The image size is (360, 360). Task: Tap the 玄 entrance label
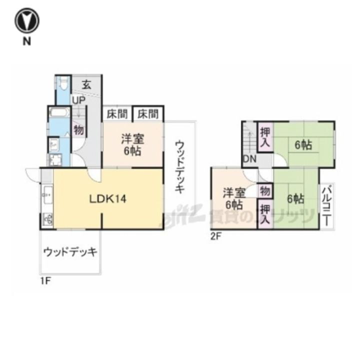tap(86, 84)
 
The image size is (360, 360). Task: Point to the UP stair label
tap(78, 100)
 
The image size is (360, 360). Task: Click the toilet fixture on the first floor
tap(62, 83)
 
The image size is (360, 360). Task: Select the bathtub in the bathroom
tap(59, 112)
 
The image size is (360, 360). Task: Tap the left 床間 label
tap(117, 113)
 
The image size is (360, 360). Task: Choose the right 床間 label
tap(148, 113)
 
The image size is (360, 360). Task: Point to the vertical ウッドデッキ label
tap(179, 167)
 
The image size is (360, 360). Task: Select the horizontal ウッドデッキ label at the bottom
tap(69, 251)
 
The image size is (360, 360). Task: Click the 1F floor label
tap(45, 281)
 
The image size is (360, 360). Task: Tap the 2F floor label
tap(215, 237)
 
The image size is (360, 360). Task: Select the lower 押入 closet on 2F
tap(265, 213)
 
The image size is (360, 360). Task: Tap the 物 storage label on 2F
tap(265, 190)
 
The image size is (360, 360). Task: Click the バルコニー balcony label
tap(326, 206)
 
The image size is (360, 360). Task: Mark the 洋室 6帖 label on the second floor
tap(233, 198)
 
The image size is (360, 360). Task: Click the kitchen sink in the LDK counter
tap(47, 192)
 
